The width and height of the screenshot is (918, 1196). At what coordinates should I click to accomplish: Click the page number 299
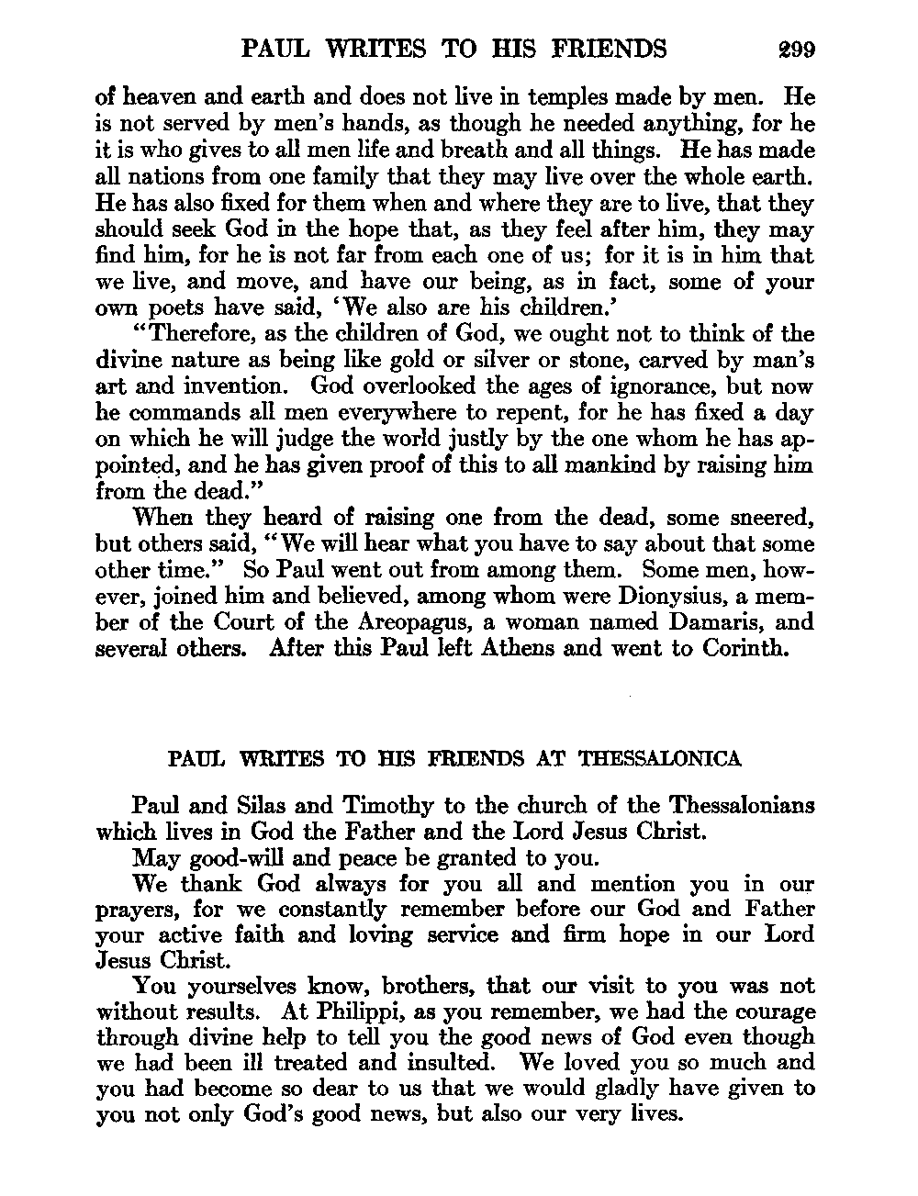tap(794, 49)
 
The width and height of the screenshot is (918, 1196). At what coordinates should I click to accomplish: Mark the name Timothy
tap(388, 806)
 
